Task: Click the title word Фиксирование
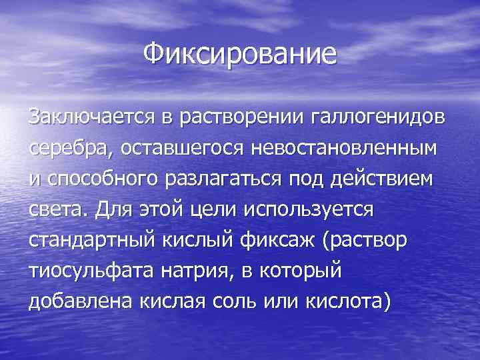241,53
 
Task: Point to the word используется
310,211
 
